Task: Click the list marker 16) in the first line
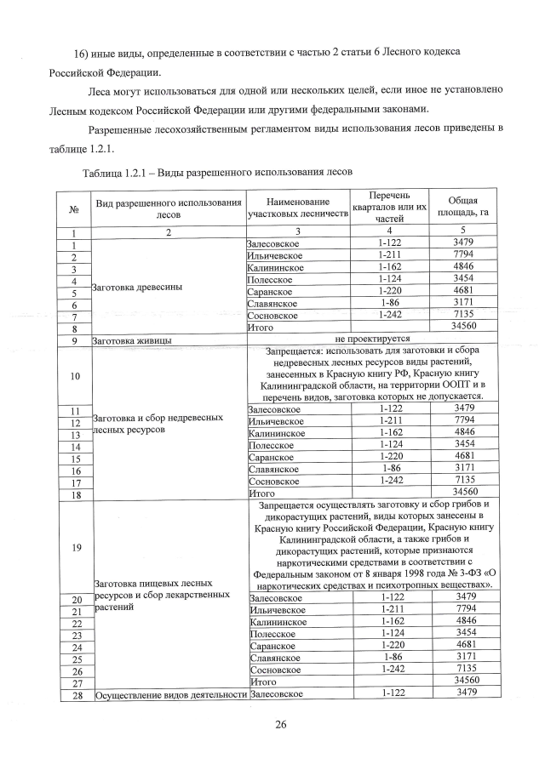point(60,53)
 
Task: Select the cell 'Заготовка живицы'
point(132,339)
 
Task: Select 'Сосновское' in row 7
point(272,315)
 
